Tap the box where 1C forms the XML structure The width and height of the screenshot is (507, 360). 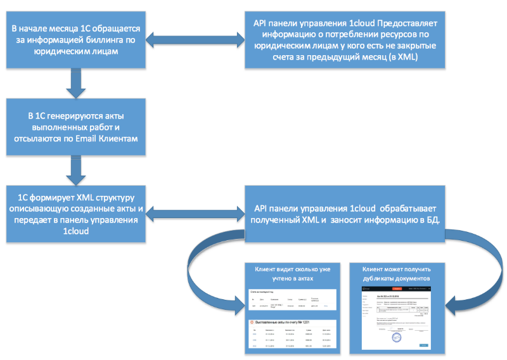(75, 214)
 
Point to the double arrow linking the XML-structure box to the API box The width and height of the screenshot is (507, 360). (197, 214)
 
